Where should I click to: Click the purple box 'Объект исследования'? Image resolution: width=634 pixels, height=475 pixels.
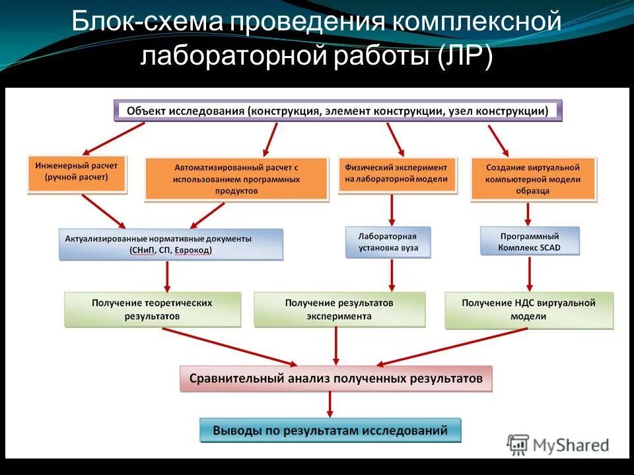coord(338,111)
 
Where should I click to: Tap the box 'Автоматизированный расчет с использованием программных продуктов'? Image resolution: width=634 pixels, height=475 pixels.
coord(236,179)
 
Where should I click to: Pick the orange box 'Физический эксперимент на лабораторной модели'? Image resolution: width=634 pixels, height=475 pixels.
coord(397,174)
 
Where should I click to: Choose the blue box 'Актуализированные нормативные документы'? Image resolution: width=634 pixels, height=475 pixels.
coord(171,244)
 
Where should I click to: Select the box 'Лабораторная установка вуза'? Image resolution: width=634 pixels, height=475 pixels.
coord(388,242)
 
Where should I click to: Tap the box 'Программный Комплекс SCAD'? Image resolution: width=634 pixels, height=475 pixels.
coord(530,242)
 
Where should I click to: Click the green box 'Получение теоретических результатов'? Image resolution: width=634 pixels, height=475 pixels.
coord(153,309)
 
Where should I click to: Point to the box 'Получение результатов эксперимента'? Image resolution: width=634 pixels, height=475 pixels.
coord(339,309)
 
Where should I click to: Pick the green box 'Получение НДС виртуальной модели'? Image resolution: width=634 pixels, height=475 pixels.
coord(528,309)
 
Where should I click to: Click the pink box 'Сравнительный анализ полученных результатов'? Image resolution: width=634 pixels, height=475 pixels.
coord(335,379)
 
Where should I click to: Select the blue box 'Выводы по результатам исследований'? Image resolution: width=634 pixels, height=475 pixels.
coord(330,431)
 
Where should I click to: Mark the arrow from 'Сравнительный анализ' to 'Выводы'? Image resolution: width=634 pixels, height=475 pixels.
coord(330,404)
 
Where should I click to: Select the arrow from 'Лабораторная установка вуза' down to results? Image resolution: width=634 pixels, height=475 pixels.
coord(392,274)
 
